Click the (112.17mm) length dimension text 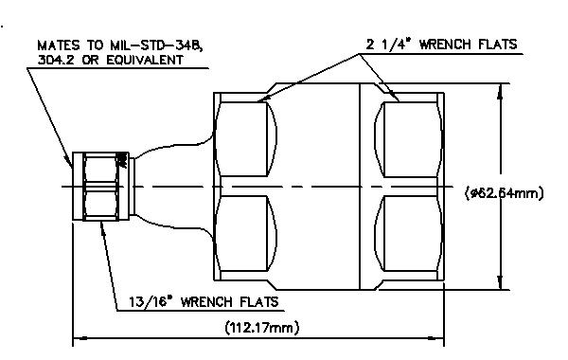pos(262,328)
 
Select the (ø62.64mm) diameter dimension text pos(504,192)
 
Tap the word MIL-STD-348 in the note pos(153,45)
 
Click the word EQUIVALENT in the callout pos(145,60)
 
